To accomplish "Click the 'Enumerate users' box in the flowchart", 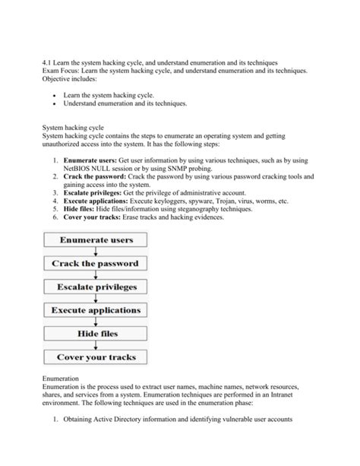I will [96, 241].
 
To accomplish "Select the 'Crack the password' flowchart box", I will [96, 264].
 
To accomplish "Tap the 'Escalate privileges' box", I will [96, 287].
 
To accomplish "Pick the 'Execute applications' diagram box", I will [96, 310].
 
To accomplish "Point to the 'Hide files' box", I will [96, 333].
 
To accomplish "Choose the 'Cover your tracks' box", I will [96, 357].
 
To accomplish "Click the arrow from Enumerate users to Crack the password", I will [96, 252].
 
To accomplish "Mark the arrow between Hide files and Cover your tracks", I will [96, 345].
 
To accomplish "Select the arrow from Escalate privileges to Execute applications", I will [96, 299].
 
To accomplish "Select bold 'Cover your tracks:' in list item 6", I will [96, 217].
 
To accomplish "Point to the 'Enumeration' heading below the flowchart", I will [64, 378].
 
